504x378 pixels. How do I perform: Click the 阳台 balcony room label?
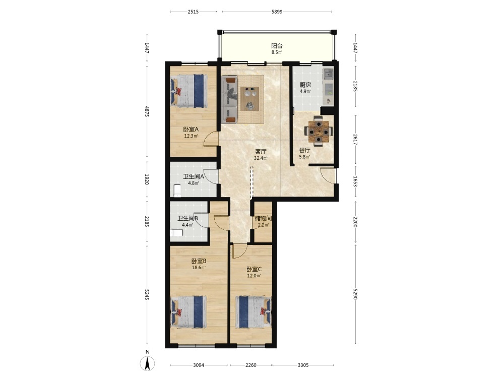277,46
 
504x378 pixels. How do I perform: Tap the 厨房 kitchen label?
305,85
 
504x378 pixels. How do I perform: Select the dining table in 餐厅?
319,131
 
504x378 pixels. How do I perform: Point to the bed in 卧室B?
188,312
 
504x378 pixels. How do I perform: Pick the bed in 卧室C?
254,312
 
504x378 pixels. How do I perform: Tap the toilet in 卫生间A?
177,191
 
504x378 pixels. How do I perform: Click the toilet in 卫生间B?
176,232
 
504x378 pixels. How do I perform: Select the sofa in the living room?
229,99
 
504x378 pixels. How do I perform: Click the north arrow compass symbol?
148,363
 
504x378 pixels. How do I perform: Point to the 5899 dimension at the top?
277,12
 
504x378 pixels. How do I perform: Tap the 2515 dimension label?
193,12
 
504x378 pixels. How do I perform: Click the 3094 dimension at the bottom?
199,365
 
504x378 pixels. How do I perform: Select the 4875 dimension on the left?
147,111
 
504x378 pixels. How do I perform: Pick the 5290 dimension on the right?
355,294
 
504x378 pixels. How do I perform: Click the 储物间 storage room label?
263,219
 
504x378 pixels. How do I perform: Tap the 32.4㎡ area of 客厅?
261,158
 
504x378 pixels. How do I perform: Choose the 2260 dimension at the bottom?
251,365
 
